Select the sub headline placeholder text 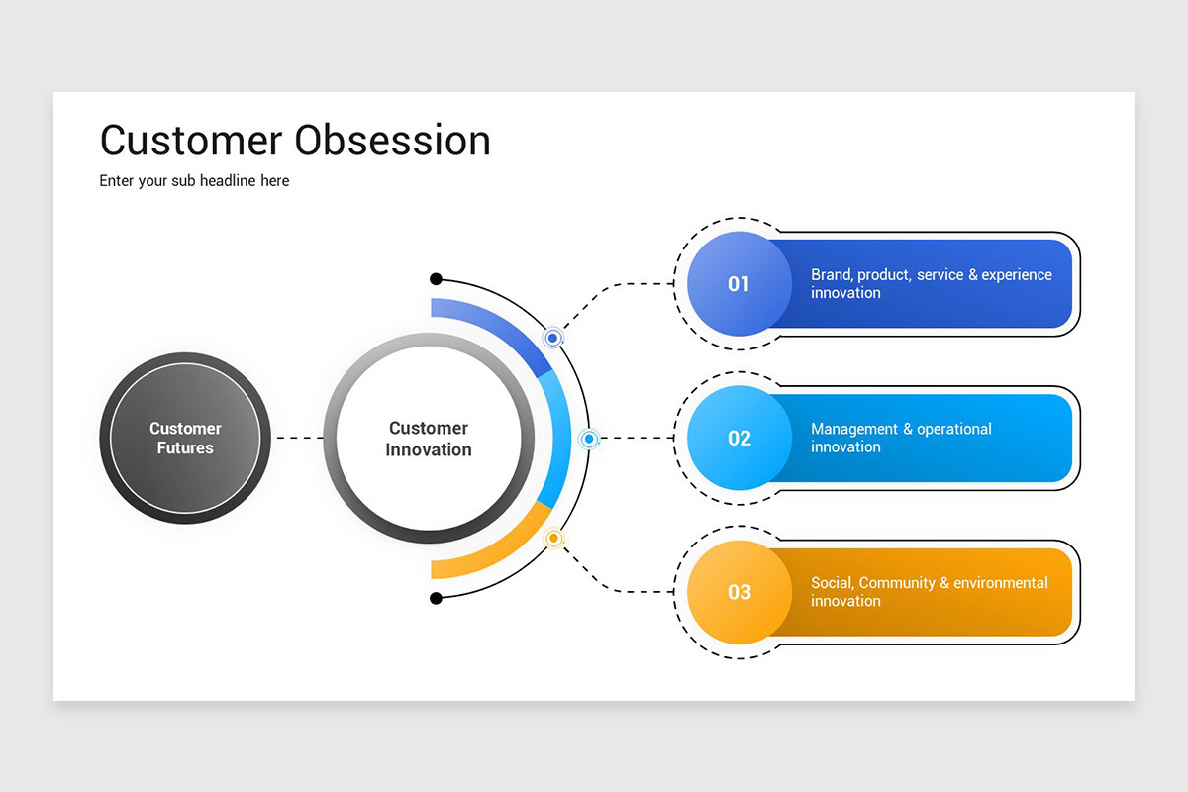coord(194,181)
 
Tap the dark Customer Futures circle coord(185,438)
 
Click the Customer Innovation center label coord(429,439)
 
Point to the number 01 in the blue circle coord(739,284)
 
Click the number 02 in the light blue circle coord(739,439)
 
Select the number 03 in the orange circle coord(739,593)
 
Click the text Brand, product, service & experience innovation coord(931,284)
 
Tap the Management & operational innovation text coord(901,438)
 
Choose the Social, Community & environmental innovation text coord(929,592)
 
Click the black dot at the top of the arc coord(436,279)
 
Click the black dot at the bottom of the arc coord(436,598)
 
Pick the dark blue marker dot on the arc coord(553,338)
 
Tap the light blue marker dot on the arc coord(589,439)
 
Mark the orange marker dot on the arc coord(554,539)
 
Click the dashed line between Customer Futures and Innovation coord(298,438)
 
